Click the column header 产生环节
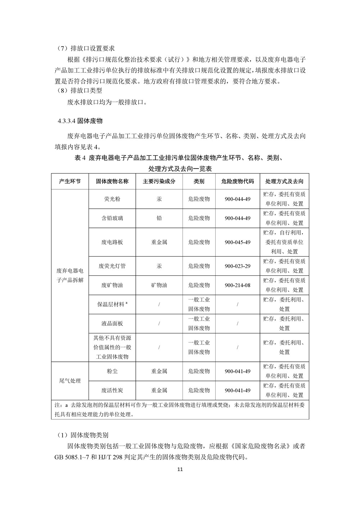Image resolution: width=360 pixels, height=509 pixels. [x=69, y=181]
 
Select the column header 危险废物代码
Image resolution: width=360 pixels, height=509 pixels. [x=237, y=181]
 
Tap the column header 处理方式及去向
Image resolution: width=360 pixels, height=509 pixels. [x=284, y=181]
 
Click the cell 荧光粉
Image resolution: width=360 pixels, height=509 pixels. [x=112, y=199]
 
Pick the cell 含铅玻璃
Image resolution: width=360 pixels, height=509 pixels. [x=112, y=218]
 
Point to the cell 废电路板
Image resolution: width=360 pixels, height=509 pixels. [x=112, y=242]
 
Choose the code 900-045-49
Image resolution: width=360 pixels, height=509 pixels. [x=237, y=242]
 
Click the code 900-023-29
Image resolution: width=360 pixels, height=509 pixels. [x=237, y=266]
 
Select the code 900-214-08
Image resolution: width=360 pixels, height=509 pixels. [x=237, y=285]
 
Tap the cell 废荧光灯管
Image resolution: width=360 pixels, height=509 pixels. [x=112, y=266]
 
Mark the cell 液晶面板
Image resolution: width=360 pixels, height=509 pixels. [x=112, y=323]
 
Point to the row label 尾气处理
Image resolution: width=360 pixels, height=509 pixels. [x=69, y=381]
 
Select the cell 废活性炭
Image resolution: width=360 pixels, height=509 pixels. [x=112, y=390]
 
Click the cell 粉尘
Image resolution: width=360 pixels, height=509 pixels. [x=112, y=371]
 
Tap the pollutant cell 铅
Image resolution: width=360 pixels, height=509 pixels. [x=159, y=218]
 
